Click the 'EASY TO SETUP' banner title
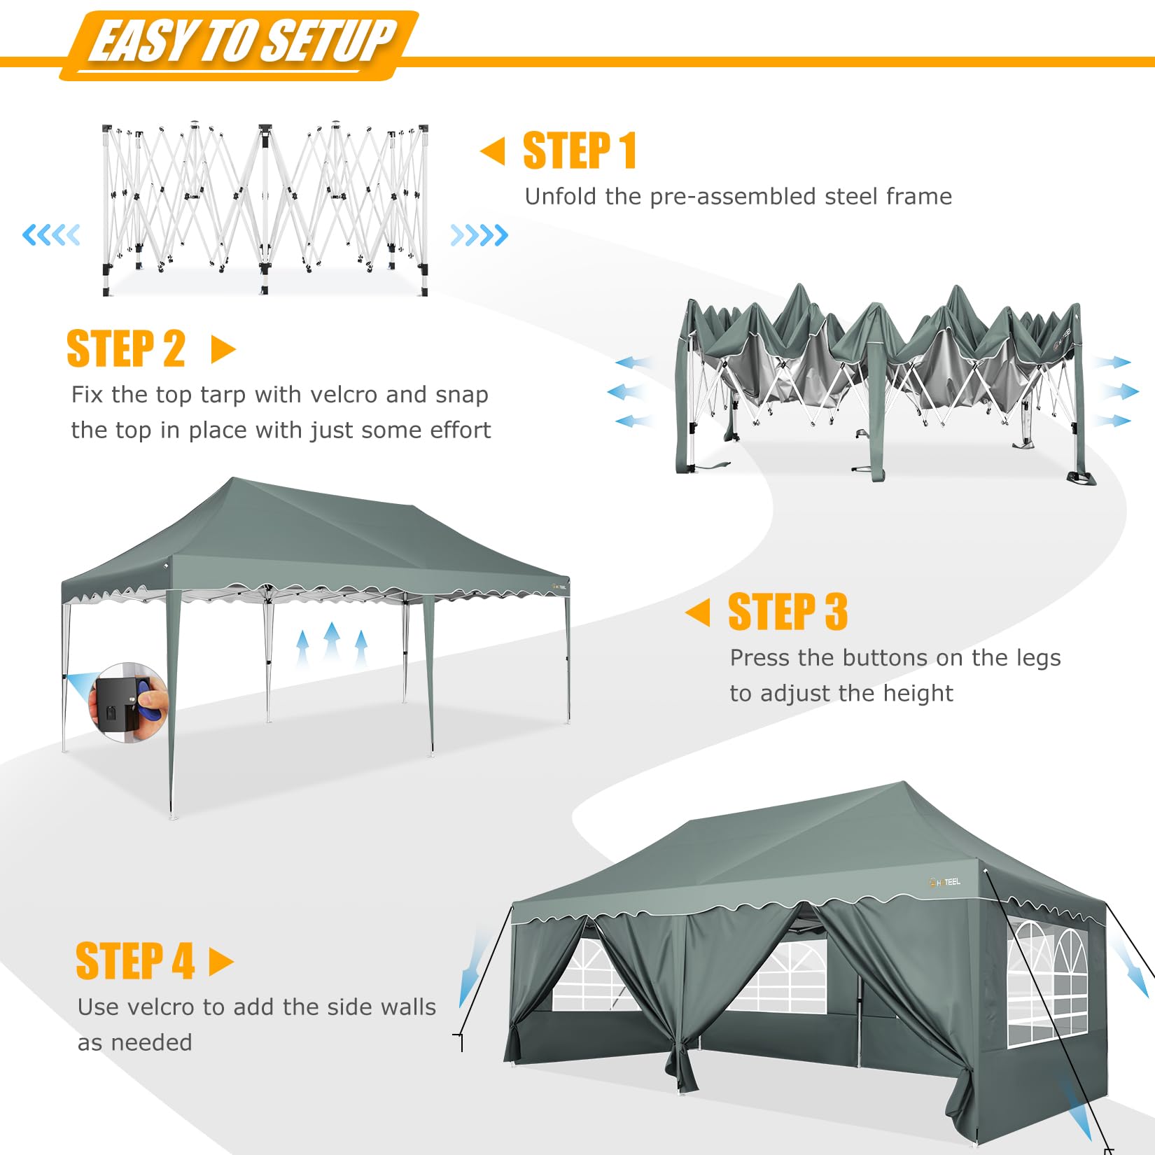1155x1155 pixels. click(x=243, y=41)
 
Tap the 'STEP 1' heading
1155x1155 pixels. click(x=580, y=151)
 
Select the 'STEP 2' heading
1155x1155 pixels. click(x=126, y=349)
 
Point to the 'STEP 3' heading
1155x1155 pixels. click(x=788, y=612)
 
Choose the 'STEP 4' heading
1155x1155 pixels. click(x=135, y=961)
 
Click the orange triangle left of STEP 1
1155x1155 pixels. click(x=493, y=151)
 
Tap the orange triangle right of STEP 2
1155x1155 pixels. click(x=223, y=349)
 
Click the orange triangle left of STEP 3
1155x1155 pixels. click(x=697, y=612)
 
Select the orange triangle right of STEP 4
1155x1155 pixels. click(x=221, y=962)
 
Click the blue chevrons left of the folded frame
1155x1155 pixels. click(x=51, y=234)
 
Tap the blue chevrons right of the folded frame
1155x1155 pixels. click(x=479, y=235)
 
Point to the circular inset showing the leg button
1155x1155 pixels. click(x=128, y=702)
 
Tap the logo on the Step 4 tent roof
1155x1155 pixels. click(x=944, y=882)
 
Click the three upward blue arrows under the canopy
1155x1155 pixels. click(x=332, y=645)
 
